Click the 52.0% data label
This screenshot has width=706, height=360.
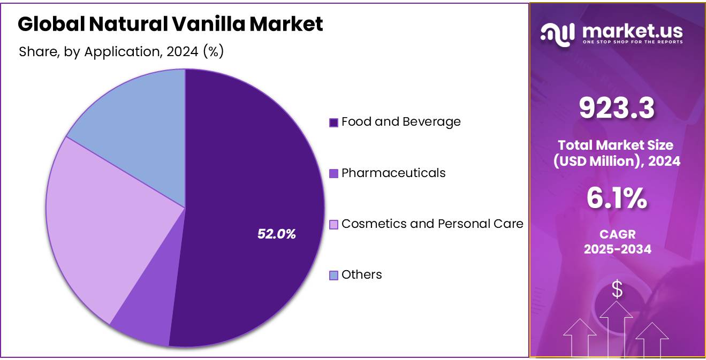pos(276,234)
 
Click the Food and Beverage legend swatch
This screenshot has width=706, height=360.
pos(333,122)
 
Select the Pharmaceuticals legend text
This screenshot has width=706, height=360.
pos(393,173)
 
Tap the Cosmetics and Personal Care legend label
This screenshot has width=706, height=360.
pos(432,224)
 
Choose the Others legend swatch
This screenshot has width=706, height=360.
pos(333,275)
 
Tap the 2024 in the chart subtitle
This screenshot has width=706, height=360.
pos(182,52)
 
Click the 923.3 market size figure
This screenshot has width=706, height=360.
pos(617,109)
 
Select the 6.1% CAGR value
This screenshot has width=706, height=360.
pos(617,198)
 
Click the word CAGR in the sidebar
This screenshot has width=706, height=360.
pos(617,235)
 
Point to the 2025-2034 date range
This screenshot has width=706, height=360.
pos(617,249)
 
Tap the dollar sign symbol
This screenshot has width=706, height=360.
pos(617,289)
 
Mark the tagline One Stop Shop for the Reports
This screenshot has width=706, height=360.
pos(632,42)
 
